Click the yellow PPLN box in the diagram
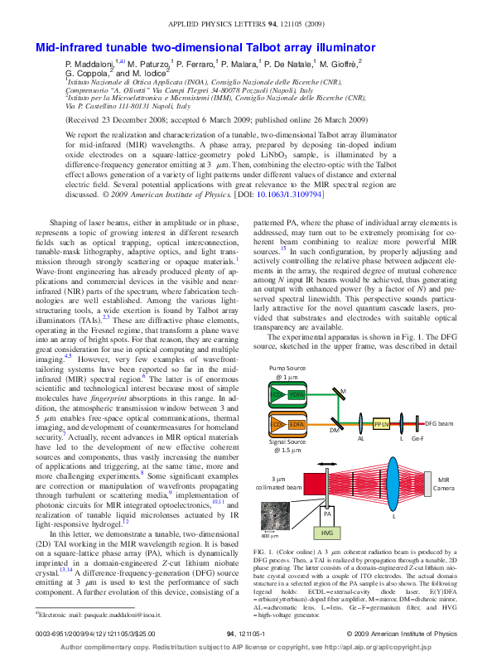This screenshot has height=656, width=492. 382,424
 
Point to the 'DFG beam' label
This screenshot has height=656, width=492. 440,423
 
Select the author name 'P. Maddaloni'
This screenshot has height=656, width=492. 91,63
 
